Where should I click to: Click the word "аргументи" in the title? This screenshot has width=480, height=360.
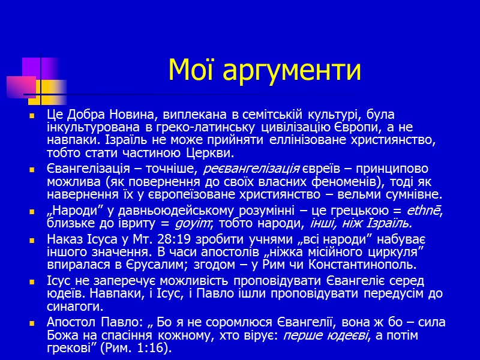(x=292, y=71)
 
